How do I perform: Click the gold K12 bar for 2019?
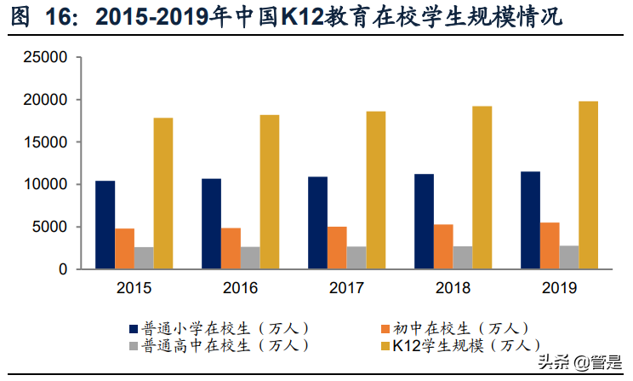pos(588,185)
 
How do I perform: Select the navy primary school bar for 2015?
pos(105,225)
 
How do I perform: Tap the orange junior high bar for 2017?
pos(337,247)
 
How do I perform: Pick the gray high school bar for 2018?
pos(463,257)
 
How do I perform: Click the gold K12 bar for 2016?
pos(270,192)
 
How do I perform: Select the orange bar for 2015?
pos(125,249)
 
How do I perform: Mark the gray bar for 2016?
pos(251,257)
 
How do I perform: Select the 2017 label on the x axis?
pos(346,288)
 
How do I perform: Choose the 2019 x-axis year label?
pos(558,288)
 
